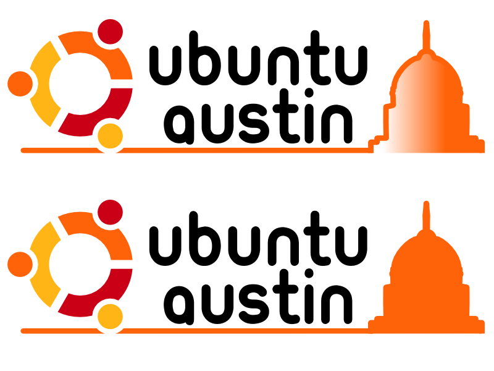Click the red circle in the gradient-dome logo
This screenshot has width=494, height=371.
[x=110, y=32]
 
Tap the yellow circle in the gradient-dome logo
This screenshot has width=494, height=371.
[x=110, y=136]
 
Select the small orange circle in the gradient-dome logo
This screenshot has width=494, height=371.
[x=20, y=83]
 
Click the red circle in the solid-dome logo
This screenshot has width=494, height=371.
[x=110, y=212]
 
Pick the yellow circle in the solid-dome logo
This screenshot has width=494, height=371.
[x=110, y=317]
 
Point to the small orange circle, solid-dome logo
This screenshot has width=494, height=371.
[x=20, y=264]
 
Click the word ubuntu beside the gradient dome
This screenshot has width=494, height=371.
[x=258, y=58]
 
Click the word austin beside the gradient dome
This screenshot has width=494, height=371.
[x=258, y=116]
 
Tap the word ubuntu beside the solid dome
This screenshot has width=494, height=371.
[x=258, y=239]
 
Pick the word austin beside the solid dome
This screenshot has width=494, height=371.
[x=258, y=297]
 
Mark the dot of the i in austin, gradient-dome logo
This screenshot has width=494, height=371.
[x=309, y=93]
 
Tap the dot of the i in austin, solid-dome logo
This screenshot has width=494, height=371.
[x=309, y=273]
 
